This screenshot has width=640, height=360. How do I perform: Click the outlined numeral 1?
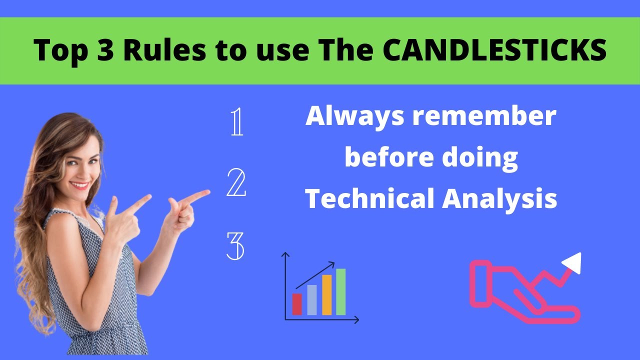tap(237, 123)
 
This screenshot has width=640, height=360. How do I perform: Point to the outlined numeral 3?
tap(235, 246)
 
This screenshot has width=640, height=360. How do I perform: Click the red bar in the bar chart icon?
tap(297, 304)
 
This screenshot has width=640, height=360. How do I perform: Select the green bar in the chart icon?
tap(341, 292)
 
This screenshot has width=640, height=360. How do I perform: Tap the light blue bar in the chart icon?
tap(311, 300)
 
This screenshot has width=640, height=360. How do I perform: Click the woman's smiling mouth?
tap(80, 185)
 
